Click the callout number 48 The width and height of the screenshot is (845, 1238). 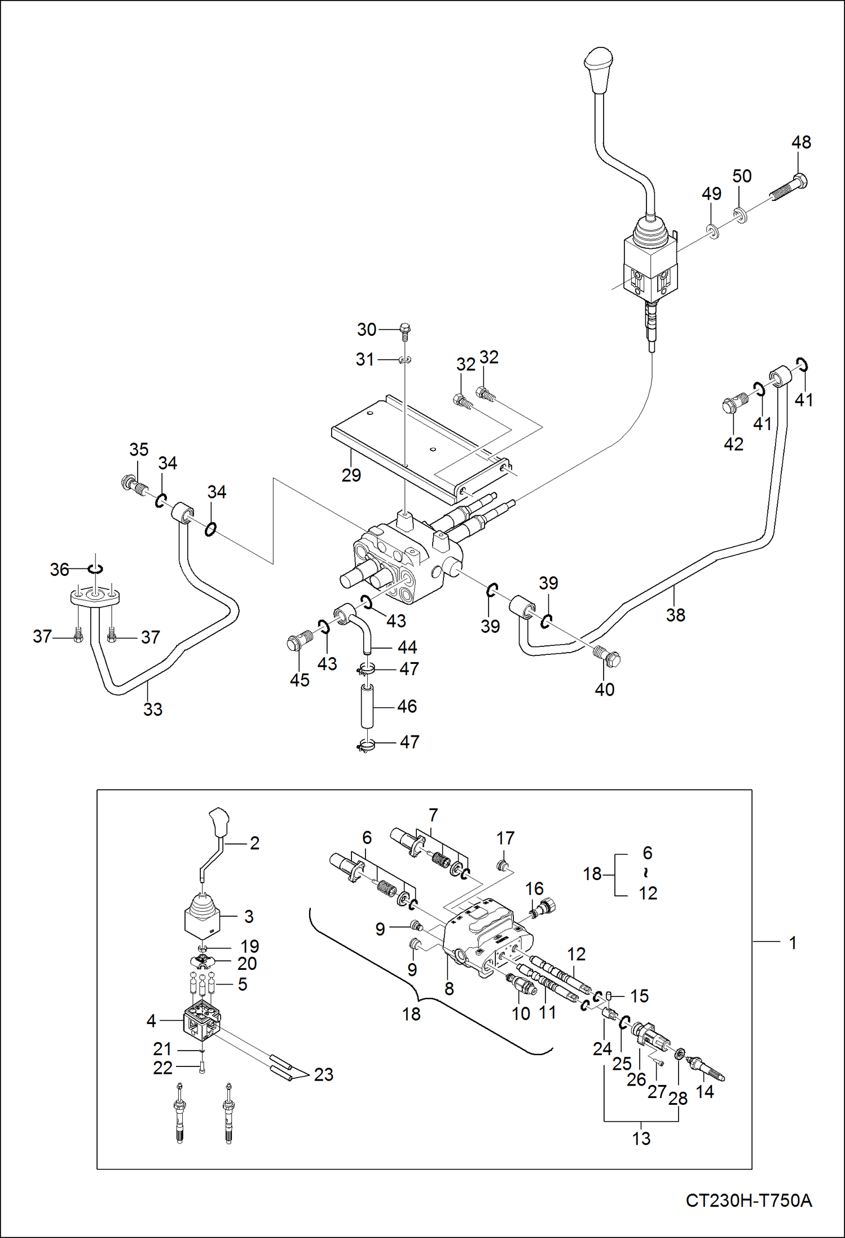(801, 142)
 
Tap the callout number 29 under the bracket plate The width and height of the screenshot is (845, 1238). (351, 475)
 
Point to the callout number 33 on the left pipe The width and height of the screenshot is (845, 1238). (153, 709)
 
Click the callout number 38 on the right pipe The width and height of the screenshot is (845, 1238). (675, 615)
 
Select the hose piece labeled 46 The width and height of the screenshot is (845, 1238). (367, 706)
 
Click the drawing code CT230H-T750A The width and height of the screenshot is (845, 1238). (749, 1200)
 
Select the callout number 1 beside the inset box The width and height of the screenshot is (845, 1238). (793, 943)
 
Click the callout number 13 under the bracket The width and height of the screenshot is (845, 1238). (641, 1139)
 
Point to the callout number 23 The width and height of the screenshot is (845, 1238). (324, 1074)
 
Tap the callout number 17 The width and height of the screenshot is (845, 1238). (505, 838)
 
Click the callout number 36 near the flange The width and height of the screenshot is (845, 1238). (59, 570)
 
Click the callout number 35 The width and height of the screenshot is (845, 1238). (139, 449)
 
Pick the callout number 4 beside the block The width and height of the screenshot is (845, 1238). (151, 1021)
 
